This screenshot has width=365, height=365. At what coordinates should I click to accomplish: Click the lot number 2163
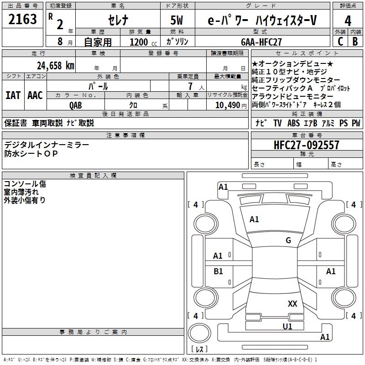(x=22, y=20)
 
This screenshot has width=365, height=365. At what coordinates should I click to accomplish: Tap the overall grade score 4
(x=348, y=21)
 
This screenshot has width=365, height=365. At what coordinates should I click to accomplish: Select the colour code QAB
(x=76, y=105)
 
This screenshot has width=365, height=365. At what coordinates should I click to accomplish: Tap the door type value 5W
(x=177, y=21)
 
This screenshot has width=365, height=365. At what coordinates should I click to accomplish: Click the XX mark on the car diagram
(x=292, y=304)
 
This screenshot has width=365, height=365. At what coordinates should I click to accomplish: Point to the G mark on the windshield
(x=288, y=240)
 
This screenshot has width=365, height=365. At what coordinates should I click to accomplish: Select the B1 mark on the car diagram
(x=218, y=271)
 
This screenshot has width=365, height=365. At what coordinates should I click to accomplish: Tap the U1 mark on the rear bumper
(x=287, y=326)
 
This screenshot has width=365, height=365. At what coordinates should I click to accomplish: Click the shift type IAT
(x=13, y=95)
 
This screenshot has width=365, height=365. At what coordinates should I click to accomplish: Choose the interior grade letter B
(x=355, y=41)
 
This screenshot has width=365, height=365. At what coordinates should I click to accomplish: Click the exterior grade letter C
(x=339, y=41)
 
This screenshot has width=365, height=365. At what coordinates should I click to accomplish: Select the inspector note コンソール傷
(x=25, y=184)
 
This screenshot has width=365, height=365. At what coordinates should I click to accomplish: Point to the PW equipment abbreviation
(x=355, y=123)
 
